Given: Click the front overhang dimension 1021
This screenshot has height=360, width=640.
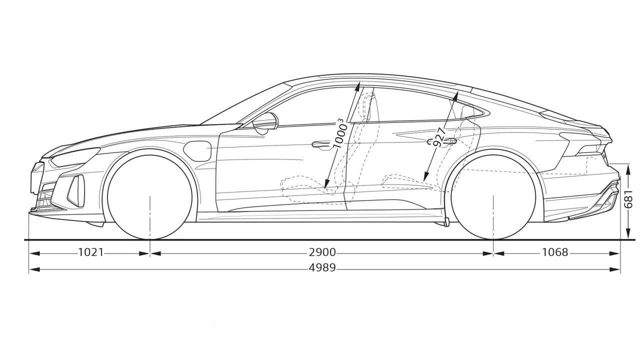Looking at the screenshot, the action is click(x=91, y=252).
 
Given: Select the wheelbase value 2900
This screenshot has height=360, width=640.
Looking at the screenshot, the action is click(x=322, y=252).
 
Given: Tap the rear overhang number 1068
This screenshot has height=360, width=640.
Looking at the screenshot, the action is click(x=555, y=252).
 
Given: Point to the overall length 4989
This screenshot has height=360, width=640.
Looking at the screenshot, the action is click(x=322, y=267).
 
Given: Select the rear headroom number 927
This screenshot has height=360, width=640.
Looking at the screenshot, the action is click(x=439, y=137).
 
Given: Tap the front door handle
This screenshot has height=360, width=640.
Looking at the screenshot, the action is click(x=321, y=144).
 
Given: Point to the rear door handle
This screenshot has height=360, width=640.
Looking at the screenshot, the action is click(x=444, y=141).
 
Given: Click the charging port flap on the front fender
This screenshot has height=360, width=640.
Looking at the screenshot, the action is click(x=198, y=151).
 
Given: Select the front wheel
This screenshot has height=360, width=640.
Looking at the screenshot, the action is click(x=149, y=197).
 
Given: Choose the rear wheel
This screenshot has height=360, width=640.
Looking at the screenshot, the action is click(x=493, y=197).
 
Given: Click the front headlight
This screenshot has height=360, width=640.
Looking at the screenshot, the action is click(x=75, y=157).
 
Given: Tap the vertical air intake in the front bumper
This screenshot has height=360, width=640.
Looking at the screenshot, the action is click(x=76, y=190).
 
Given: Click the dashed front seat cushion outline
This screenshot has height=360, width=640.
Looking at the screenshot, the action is click(x=305, y=185).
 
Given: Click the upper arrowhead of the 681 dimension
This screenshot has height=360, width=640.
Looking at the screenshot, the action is click(x=628, y=169).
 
